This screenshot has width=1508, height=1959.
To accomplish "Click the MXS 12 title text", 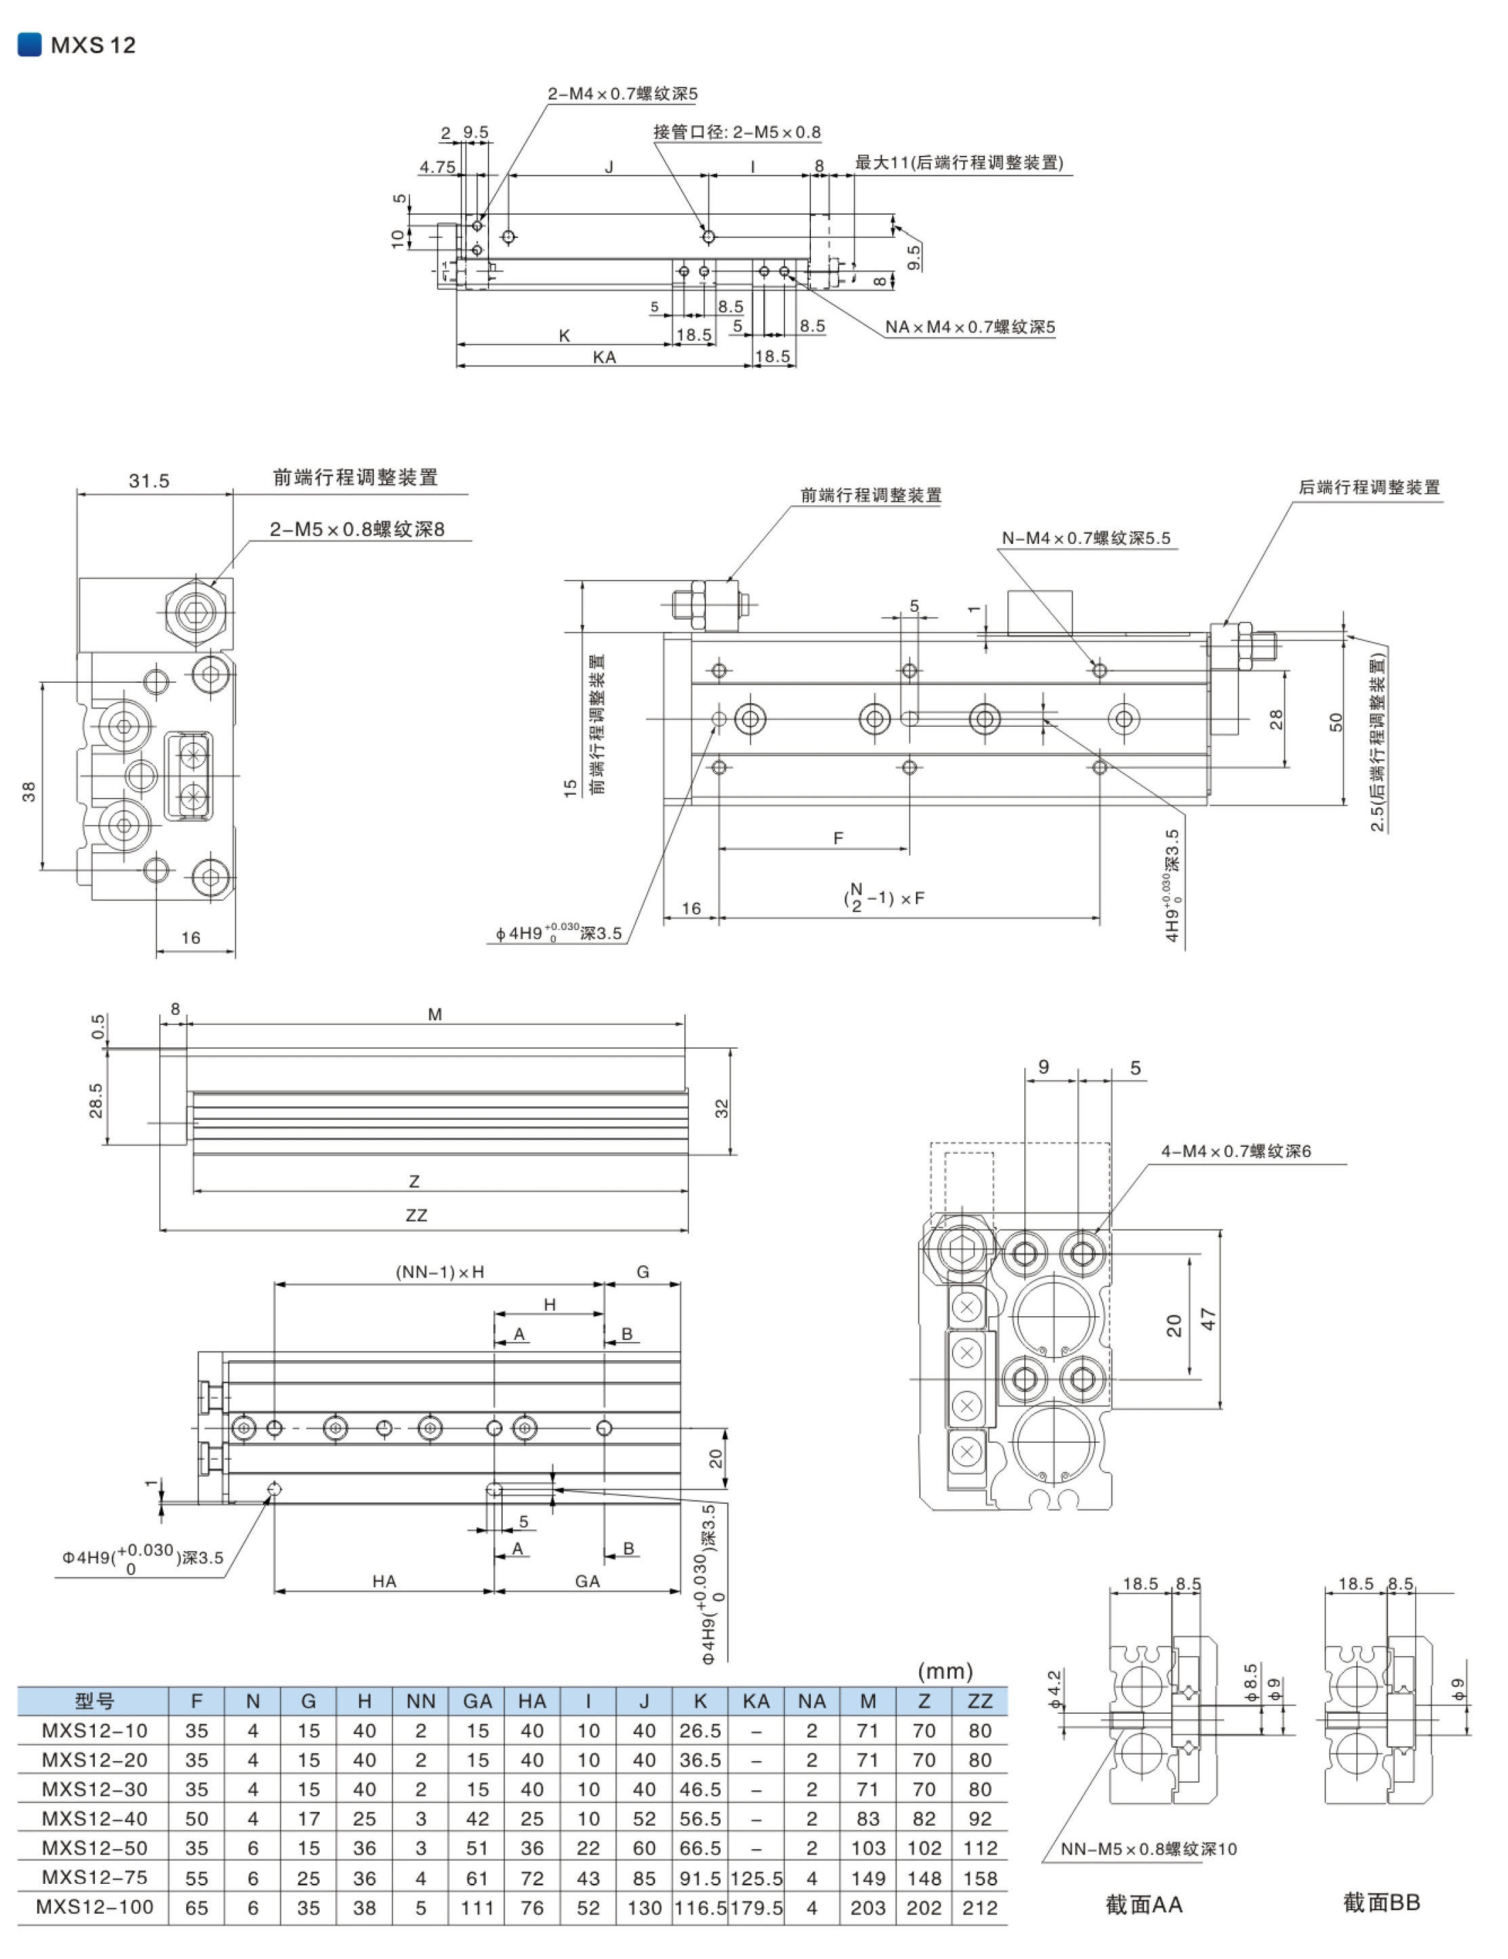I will click(x=92, y=45).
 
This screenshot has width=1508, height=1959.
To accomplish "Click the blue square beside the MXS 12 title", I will click(x=30, y=44).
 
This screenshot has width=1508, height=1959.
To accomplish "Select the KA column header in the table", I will click(x=756, y=1701).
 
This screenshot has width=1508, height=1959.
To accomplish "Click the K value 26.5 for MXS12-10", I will click(x=700, y=1730).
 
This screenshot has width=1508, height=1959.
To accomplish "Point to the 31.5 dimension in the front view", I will click(x=149, y=481).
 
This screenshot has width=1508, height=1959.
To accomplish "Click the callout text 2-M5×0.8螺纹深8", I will click(x=357, y=529).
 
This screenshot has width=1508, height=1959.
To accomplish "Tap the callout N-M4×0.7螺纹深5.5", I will click(x=1085, y=539).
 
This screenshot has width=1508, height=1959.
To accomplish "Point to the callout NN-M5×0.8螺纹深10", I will click(x=1148, y=1849).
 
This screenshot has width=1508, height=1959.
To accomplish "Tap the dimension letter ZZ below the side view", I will click(x=416, y=1215).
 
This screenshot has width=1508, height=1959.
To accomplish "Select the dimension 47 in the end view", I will click(x=1209, y=1319).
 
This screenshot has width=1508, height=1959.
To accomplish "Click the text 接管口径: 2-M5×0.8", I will click(x=736, y=132).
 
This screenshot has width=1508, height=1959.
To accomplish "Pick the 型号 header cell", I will click(x=94, y=1701).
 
